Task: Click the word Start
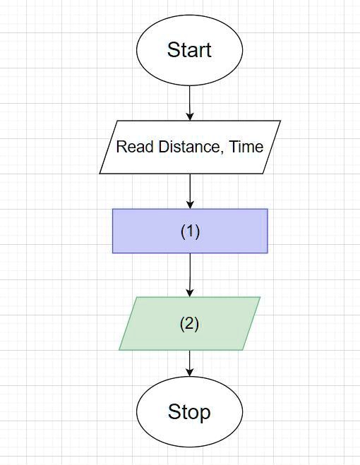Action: [x=189, y=50]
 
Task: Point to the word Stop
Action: [x=189, y=411]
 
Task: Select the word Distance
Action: [x=186, y=147]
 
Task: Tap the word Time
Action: [x=246, y=147]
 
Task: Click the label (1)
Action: [x=190, y=231]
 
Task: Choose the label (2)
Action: [x=190, y=324]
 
